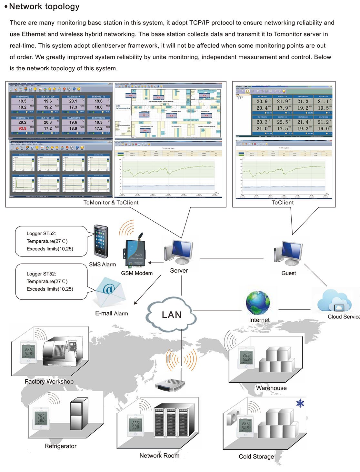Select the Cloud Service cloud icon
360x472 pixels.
tap(334, 300)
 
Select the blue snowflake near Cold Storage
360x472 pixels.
tap(300, 403)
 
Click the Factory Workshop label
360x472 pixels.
tap(49, 381)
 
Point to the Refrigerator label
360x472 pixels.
tap(60, 446)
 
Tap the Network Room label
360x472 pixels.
tap(159, 455)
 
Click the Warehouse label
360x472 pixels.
tap(271, 388)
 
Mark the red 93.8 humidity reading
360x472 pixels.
tap(22, 128)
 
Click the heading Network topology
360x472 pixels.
tap(44, 6)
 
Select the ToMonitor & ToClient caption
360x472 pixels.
tap(111, 202)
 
